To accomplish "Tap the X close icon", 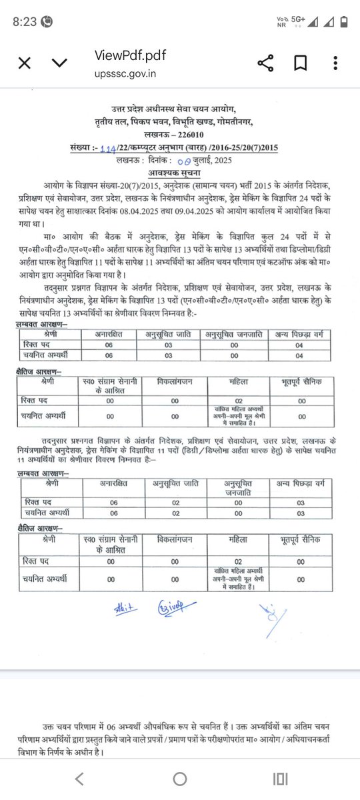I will (x=24, y=63).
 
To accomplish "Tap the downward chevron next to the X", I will (x=59, y=63).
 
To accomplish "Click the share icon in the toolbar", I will (x=265, y=63).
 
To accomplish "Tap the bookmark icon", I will (x=300, y=63).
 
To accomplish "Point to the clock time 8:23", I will (x=24, y=21).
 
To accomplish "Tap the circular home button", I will (x=180, y=779).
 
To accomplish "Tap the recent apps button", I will (x=281, y=779).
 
